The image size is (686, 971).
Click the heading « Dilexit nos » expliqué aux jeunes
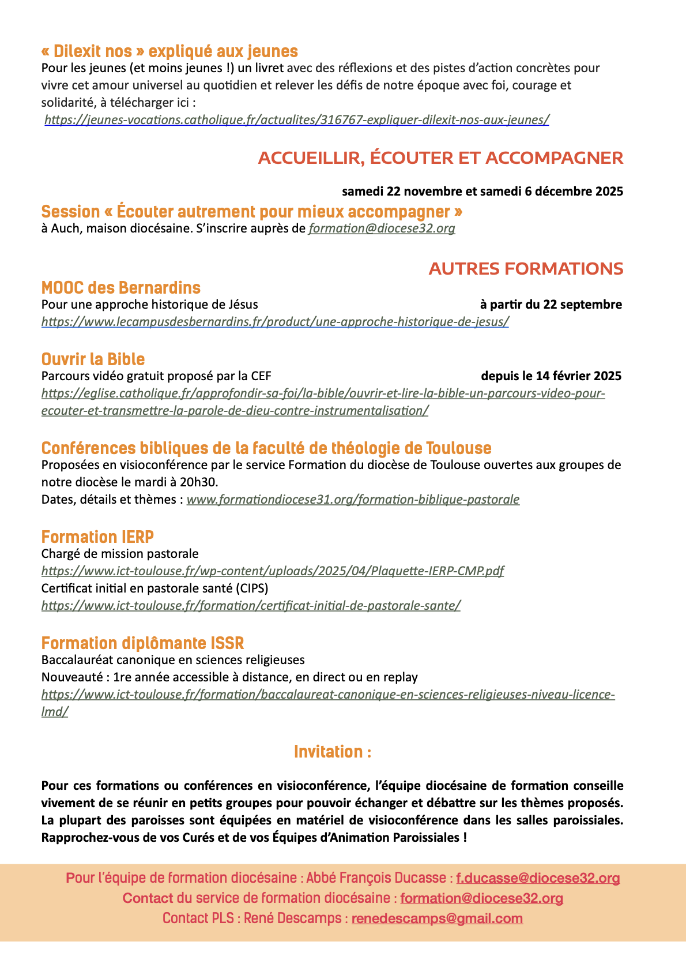coord(169,51)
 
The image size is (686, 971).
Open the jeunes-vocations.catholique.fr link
coord(296,120)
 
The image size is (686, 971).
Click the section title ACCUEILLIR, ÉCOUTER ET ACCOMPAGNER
coord(440,158)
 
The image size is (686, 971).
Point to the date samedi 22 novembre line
coord(482,191)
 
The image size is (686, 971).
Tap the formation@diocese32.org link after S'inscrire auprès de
coord(382,228)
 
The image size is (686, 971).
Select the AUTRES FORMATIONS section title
coord(526,269)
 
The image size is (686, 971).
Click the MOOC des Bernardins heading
coord(121,288)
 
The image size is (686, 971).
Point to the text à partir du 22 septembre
coord(551,305)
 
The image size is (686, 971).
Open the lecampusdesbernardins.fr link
coord(275,322)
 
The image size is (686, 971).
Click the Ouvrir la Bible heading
coord(93,359)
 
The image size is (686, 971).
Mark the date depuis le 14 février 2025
coord(551,376)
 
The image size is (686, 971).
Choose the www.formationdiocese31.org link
coord(353,500)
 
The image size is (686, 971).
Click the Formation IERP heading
coord(97,537)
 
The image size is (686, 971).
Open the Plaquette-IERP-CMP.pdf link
coord(273,571)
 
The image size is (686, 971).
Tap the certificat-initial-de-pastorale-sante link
coord(251,606)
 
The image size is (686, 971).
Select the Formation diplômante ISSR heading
coord(142,643)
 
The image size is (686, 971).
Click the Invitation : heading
coord(333,752)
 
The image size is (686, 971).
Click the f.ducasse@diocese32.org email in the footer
coord(538,878)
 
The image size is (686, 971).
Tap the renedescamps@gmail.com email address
coord(437,918)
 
